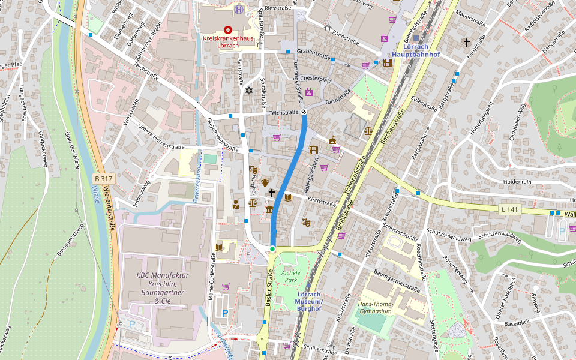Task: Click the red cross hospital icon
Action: tap(227, 29)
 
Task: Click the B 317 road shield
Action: tap(103, 178)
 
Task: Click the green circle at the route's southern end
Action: tap(272, 248)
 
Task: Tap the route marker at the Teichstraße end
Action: tap(304, 112)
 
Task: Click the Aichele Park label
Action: tap(290, 276)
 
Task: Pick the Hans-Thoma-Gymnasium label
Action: tap(379, 308)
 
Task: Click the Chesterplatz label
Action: tap(316, 79)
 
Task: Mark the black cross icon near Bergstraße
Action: tap(466, 42)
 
